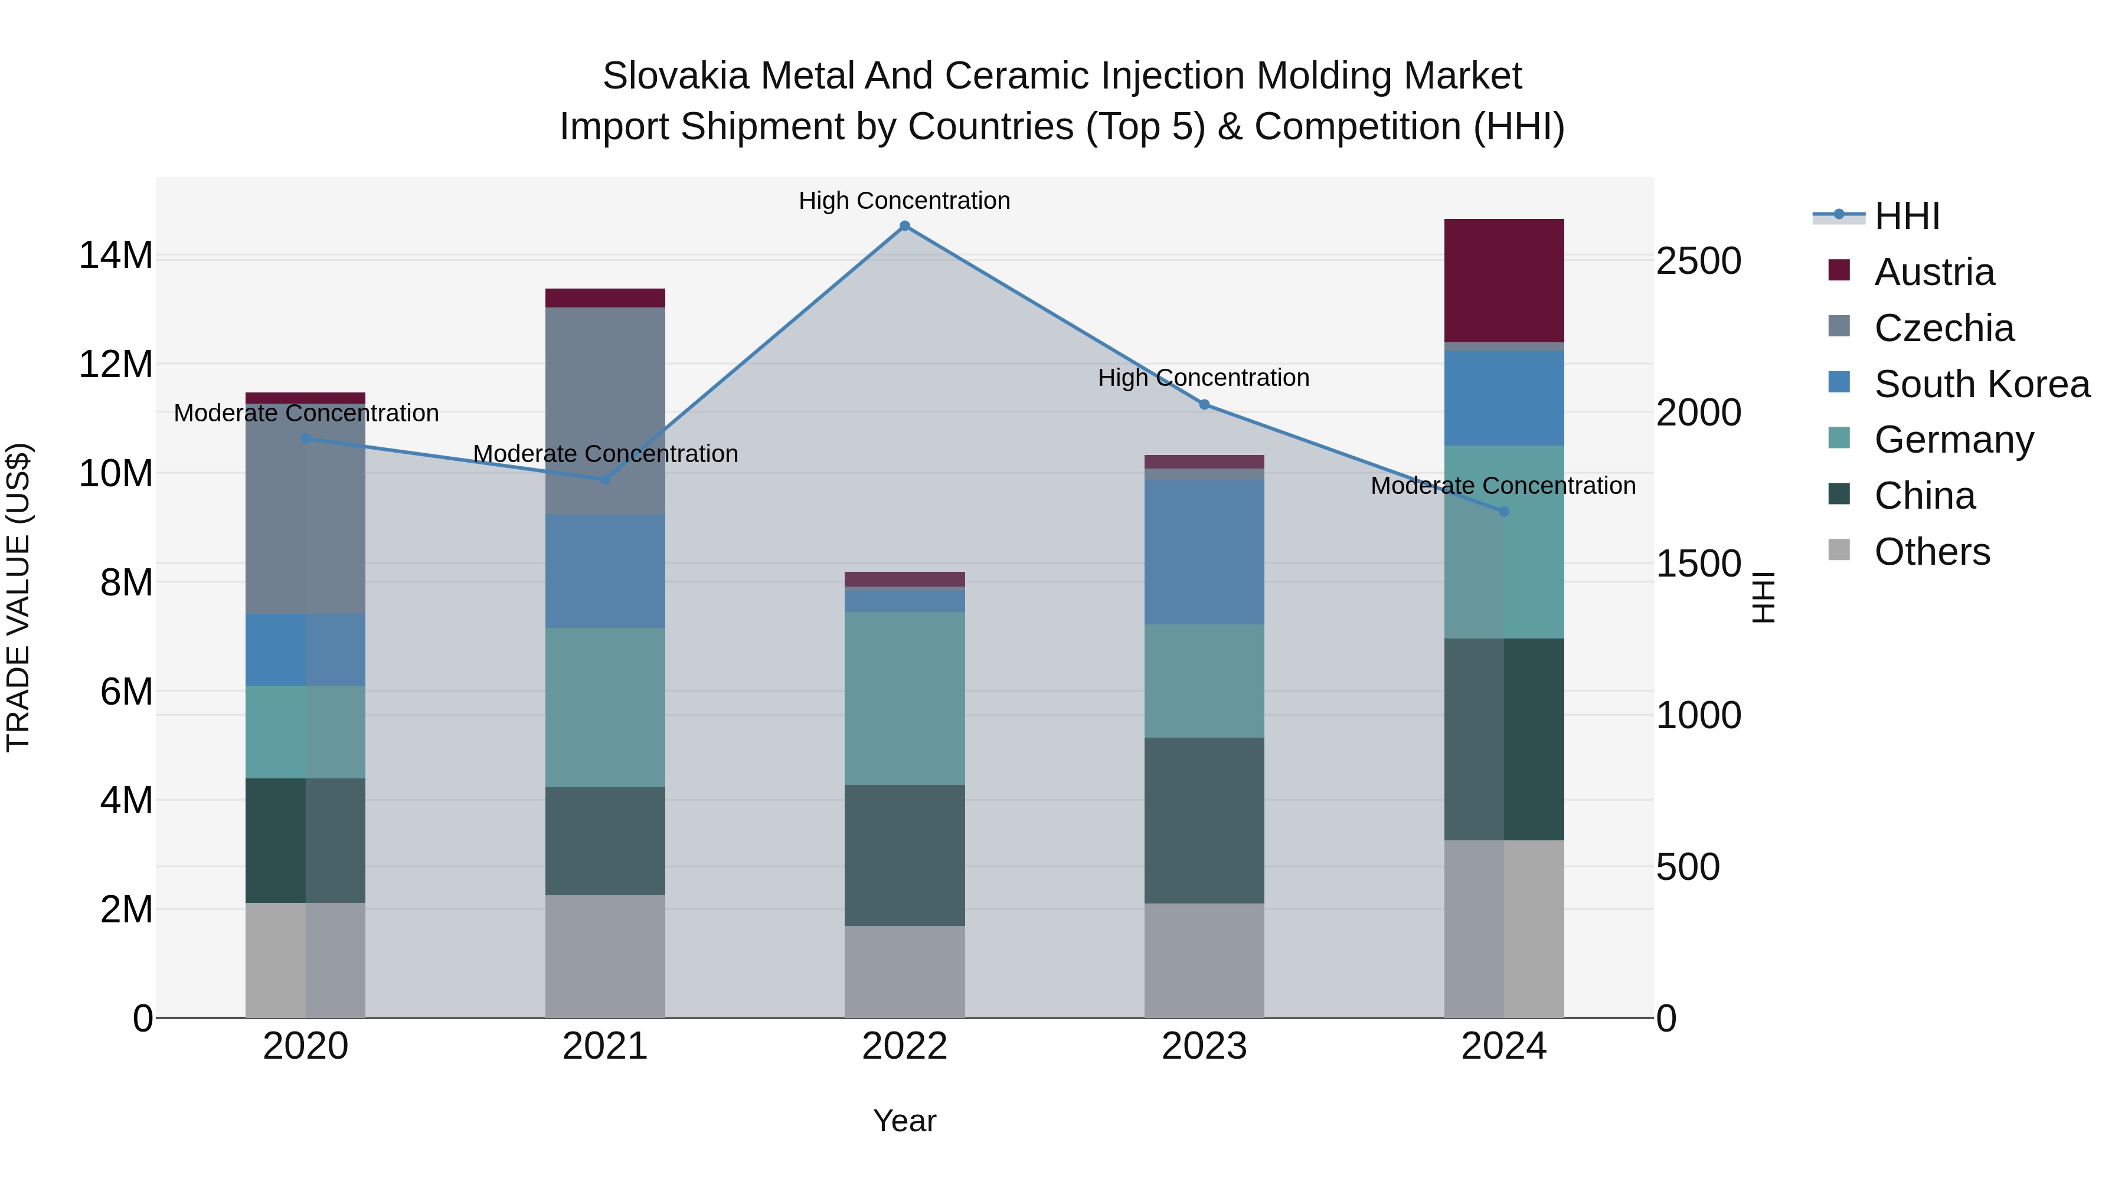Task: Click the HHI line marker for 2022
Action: click(904, 226)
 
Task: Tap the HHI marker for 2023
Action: click(1204, 404)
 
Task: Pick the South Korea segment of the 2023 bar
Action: click(1204, 551)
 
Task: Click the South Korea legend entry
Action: click(1980, 384)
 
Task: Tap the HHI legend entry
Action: click(1905, 216)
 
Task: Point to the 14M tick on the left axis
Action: click(116, 255)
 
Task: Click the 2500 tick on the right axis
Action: click(1698, 261)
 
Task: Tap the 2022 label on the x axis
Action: click(904, 1046)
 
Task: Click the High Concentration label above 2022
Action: click(904, 201)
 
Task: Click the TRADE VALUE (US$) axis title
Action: click(18, 597)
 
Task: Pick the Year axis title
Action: click(904, 1121)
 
